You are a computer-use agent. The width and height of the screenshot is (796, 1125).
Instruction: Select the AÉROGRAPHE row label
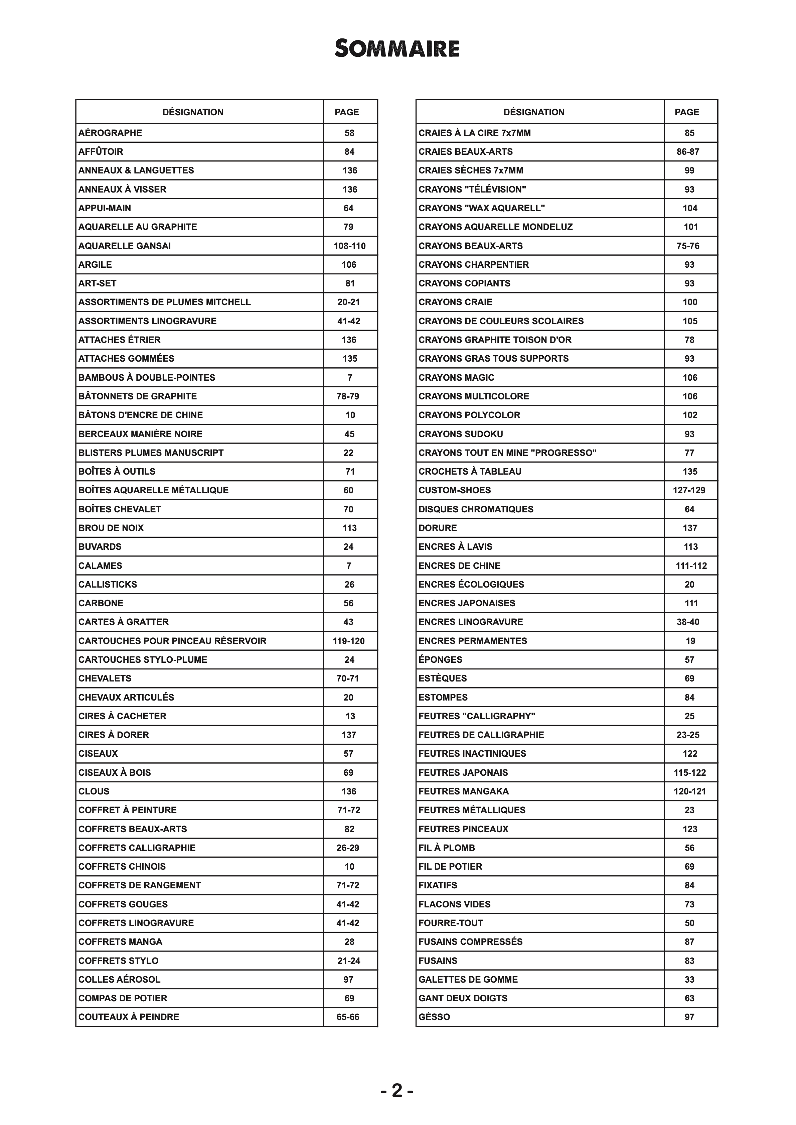(x=110, y=133)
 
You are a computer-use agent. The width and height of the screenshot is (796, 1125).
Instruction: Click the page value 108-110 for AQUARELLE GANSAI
(x=349, y=246)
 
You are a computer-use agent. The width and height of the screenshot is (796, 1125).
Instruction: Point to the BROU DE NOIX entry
(x=111, y=528)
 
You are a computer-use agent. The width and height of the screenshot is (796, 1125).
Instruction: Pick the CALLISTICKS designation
(x=108, y=584)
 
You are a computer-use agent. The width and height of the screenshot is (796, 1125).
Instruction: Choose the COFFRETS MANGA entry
(x=120, y=942)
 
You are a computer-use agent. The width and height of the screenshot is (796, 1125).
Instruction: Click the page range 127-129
(x=689, y=490)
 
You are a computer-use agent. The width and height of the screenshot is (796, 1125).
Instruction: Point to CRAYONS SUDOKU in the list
(x=461, y=433)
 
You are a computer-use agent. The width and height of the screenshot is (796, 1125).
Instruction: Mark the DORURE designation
(x=438, y=528)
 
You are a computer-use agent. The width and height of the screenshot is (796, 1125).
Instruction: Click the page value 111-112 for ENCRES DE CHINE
(x=691, y=566)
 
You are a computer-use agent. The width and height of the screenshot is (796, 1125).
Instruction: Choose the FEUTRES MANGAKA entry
(x=464, y=791)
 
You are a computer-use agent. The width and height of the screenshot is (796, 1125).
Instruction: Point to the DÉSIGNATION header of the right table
(x=534, y=112)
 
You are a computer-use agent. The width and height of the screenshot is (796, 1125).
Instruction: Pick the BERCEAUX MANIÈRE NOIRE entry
(x=140, y=433)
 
